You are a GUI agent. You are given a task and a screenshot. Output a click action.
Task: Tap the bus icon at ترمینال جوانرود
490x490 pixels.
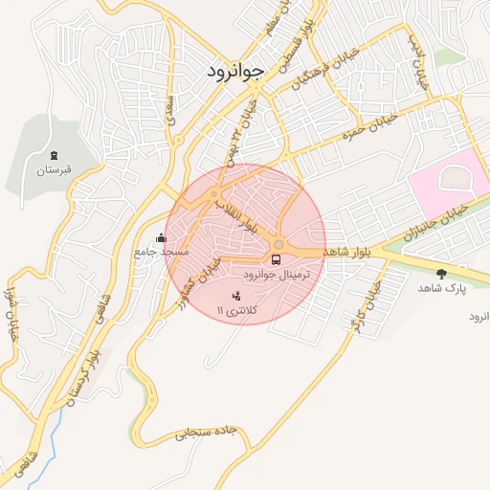click(x=277, y=258)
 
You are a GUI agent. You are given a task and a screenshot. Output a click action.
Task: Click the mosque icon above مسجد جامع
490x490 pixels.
click(x=161, y=237)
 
